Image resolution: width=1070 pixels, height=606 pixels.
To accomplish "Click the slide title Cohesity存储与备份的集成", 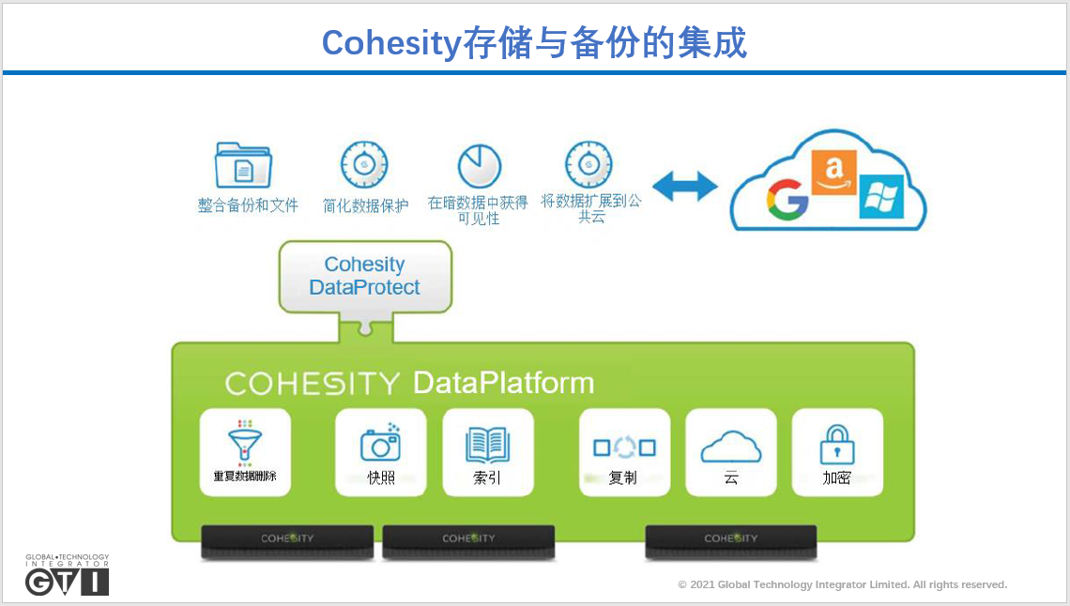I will click(x=534, y=42).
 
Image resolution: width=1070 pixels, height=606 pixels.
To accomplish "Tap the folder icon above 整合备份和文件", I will click(x=243, y=166).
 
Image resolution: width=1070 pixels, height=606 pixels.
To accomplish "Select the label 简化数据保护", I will click(x=366, y=205).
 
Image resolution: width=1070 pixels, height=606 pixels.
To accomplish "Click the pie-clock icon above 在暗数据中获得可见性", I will click(x=479, y=166).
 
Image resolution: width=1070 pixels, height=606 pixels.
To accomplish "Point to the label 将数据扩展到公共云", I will click(x=591, y=208).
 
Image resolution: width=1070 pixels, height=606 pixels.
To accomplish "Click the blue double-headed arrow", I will click(x=684, y=186).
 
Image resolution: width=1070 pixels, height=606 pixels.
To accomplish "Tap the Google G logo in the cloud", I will click(x=787, y=200).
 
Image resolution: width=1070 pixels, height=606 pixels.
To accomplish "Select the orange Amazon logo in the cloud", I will click(x=833, y=172).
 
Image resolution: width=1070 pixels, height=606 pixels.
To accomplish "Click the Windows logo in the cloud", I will click(x=880, y=196).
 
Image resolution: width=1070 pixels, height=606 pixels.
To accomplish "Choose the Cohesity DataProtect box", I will click(x=365, y=276).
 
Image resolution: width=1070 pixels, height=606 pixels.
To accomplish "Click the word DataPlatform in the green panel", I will click(x=503, y=383).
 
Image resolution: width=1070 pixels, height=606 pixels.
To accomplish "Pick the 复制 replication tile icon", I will click(x=624, y=447).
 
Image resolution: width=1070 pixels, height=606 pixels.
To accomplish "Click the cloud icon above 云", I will click(x=731, y=447).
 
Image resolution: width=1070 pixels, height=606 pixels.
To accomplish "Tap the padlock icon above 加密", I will click(x=836, y=445).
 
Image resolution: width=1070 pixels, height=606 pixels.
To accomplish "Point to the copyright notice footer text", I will click(x=842, y=584).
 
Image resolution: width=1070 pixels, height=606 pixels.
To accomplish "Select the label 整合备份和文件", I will click(x=248, y=205).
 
